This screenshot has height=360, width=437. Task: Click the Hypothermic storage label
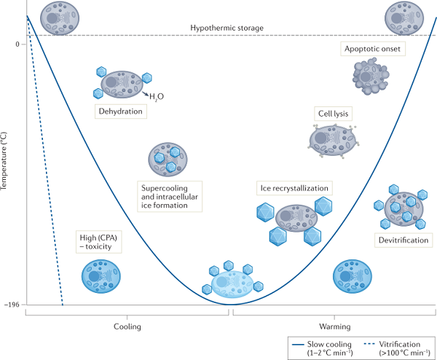tap(227, 28)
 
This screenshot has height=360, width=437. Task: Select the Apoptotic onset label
tap(371, 49)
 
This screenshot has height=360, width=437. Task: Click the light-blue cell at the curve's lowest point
tap(232, 281)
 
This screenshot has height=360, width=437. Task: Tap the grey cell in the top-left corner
tap(57, 15)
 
